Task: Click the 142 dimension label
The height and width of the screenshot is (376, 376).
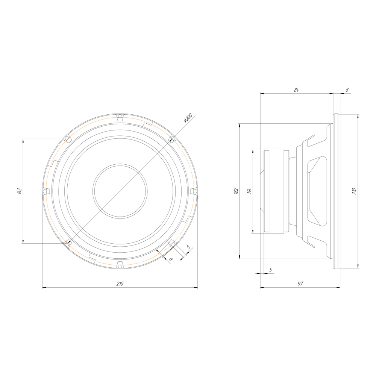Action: pyautogui.click(x=20, y=191)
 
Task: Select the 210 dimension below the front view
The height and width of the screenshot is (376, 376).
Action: pyautogui.click(x=120, y=284)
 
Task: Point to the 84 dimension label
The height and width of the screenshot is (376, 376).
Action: pyautogui.click(x=296, y=90)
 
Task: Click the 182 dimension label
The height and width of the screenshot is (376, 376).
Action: pyautogui.click(x=236, y=191)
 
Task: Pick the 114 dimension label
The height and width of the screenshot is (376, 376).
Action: pyautogui.click(x=249, y=191)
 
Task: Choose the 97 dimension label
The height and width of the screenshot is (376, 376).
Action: pyautogui.click(x=300, y=284)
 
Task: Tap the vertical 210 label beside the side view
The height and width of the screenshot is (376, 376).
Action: pyautogui.click(x=355, y=191)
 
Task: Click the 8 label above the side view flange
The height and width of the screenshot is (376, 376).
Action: pyautogui.click(x=347, y=90)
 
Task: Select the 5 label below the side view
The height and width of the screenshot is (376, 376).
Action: pyautogui.click(x=271, y=270)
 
